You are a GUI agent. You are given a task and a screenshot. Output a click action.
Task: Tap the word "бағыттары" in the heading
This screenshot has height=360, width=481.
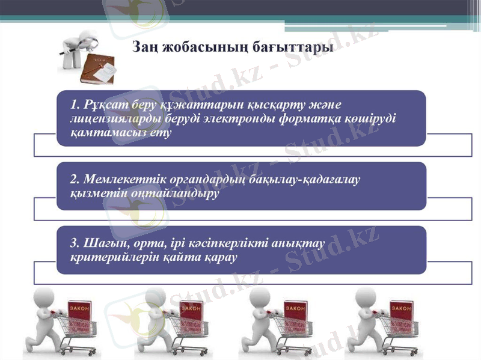[295, 47]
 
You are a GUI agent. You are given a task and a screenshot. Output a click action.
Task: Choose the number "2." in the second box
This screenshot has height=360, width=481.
[76, 180]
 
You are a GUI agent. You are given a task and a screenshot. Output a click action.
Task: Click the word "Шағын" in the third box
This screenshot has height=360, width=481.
[102, 243]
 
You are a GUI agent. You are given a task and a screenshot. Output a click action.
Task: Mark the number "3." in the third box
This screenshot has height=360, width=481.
[76, 243]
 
